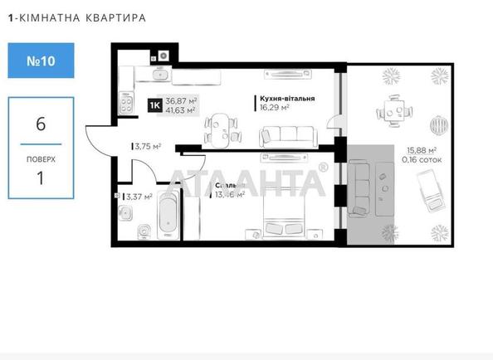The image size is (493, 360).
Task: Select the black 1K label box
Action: pyautogui.click(x=155, y=105)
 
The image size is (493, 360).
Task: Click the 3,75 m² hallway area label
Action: pyautogui.click(x=147, y=147)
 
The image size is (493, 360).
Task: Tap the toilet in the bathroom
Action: pyautogui.click(x=142, y=226)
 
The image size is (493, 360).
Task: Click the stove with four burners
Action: pyautogui.click(x=129, y=105)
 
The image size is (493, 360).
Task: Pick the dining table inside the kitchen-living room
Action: pyautogui.click(x=222, y=128)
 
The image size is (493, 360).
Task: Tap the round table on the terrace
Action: pyautogui.click(x=392, y=109)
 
